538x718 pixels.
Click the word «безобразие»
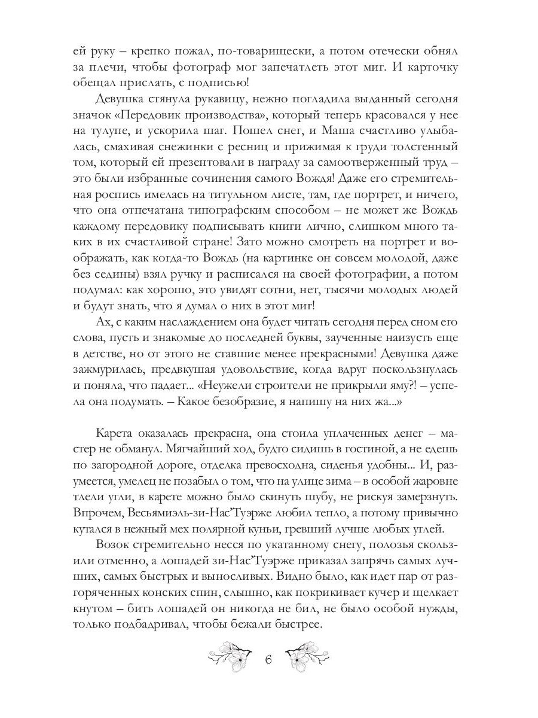point(257,385)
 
